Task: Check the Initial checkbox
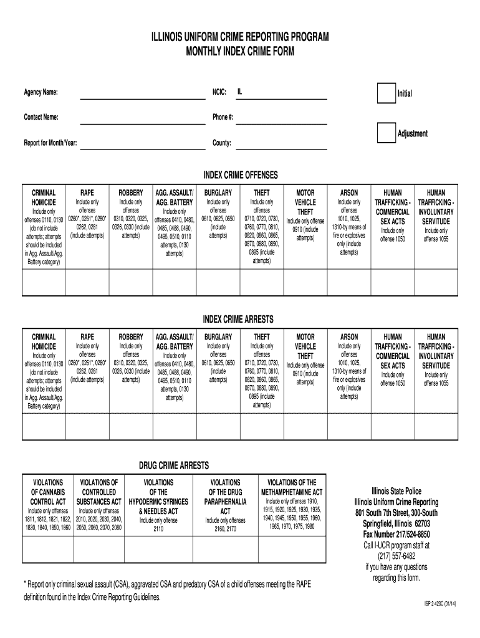[x=386, y=93]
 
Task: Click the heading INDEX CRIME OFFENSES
[x=240, y=174]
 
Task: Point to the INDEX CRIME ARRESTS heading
[x=240, y=319]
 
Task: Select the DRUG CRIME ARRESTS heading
[x=173, y=466]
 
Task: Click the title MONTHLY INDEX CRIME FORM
[x=240, y=50]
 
